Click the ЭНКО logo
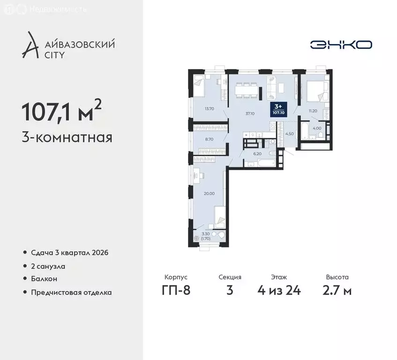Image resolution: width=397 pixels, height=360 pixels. [341, 45]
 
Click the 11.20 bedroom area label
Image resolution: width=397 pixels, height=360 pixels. [313, 111]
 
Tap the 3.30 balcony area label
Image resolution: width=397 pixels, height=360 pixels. [206, 235]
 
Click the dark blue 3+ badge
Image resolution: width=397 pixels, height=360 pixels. [278, 110]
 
